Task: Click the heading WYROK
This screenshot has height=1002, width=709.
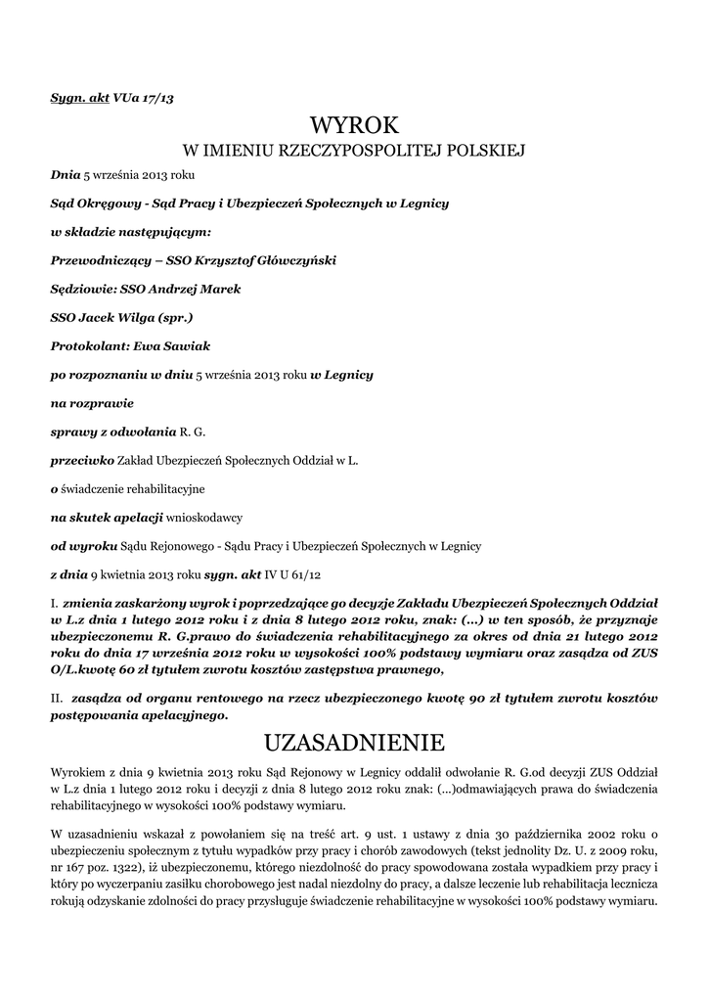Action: point(354,125)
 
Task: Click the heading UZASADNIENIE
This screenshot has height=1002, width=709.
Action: point(354,738)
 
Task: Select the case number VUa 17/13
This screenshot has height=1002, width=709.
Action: point(144,98)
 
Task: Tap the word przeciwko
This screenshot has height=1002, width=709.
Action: point(82,459)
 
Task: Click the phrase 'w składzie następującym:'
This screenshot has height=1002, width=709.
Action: point(130,232)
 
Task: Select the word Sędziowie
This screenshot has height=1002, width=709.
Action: point(82,289)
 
